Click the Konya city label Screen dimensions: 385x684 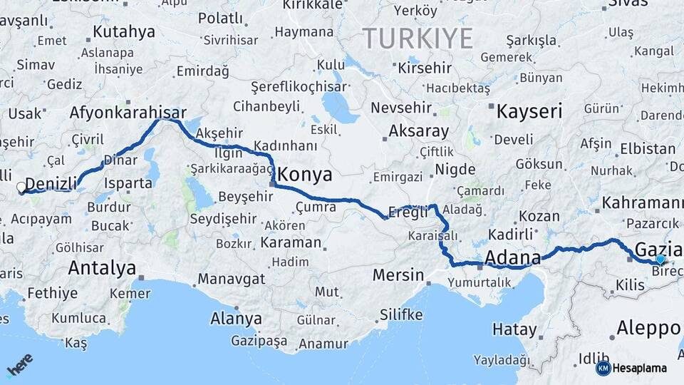[305, 174]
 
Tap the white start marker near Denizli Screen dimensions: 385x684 [21, 188]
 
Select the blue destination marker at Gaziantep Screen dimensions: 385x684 [660, 260]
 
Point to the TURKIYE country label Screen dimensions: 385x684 [418, 38]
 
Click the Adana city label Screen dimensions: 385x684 [511, 257]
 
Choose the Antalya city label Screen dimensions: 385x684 [102, 268]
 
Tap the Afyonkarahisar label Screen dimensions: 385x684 [128, 113]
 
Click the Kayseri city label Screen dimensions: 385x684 [529, 111]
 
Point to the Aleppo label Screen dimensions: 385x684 [649, 328]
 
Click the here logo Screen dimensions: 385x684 [19, 366]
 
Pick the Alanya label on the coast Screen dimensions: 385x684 [236, 319]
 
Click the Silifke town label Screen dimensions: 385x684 [401, 314]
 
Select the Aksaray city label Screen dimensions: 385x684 [418, 132]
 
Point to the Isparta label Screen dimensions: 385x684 [128, 183]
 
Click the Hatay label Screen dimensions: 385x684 [514, 329]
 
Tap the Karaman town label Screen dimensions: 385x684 [291, 242]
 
